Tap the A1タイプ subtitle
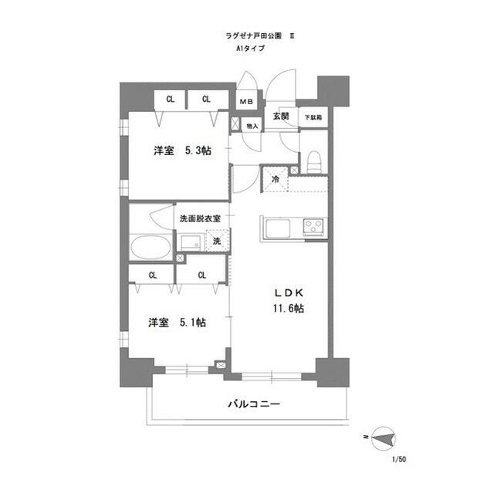click(250, 48)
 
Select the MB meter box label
click(245, 102)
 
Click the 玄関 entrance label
click(280, 116)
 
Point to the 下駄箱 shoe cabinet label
click(313, 118)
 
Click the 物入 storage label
click(252, 125)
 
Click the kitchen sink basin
click(277, 228)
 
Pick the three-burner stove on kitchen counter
click(314, 227)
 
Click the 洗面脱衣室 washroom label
click(200, 218)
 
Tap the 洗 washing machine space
click(217, 241)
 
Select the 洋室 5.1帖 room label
click(177, 322)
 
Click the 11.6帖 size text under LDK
click(287, 309)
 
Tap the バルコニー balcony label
click(253, 404)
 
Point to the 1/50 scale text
click(399, 460)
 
